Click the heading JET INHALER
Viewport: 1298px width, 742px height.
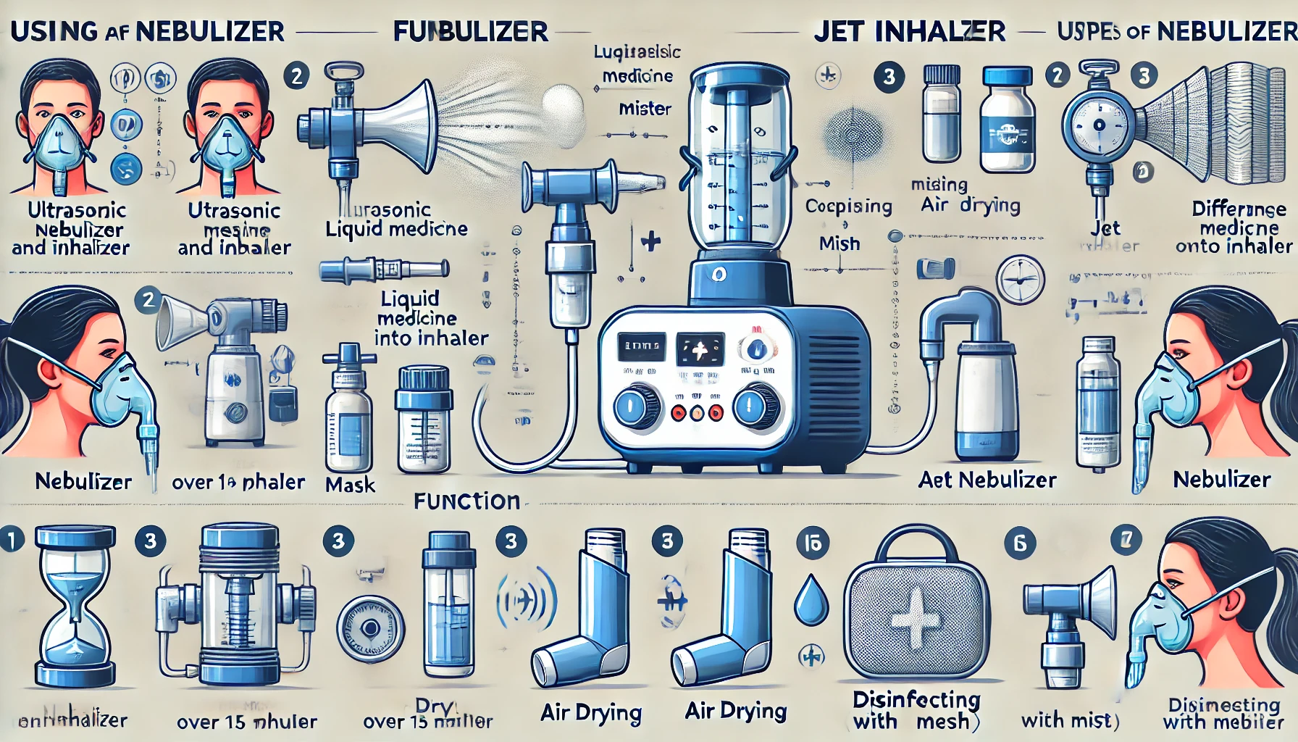click(909, 31)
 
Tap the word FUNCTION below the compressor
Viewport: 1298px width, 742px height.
click(467, 501)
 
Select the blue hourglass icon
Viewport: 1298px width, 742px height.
click(75, 607)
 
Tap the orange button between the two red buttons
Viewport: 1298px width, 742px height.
click(697, 413)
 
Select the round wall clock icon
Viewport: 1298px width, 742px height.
click(1020, 280)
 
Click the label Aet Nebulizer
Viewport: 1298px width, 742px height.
click(987, 480)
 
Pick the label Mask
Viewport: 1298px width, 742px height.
click(350, 485)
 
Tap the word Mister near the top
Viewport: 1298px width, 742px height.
click(645, 109)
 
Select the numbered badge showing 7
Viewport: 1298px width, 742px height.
click(1126, 540)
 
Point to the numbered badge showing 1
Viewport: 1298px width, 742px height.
click(11, 540)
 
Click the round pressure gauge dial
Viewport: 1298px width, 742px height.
click(1098, 125)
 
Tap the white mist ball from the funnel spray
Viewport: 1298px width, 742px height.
click(563, 111)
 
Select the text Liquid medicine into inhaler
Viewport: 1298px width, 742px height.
click(430, 318)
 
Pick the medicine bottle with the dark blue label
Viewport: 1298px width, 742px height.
click(1007, 120)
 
